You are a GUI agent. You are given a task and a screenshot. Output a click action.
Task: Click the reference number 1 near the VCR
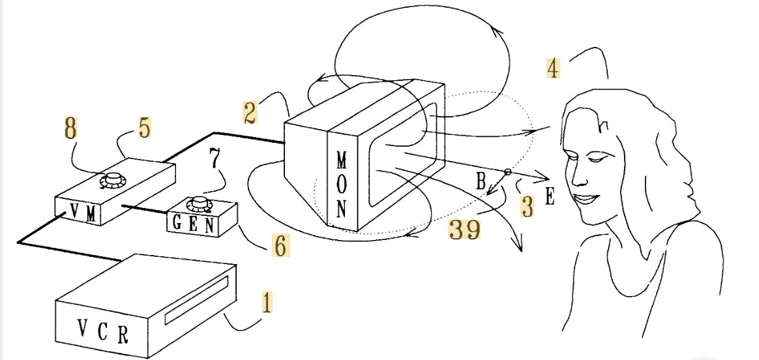(x=265, y=304)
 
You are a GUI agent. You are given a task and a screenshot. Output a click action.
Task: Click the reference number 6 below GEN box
(x=278, y=246)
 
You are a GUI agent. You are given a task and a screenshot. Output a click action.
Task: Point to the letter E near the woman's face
(x=550, y=198)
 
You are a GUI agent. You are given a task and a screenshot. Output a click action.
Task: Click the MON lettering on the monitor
(x=342, y=185)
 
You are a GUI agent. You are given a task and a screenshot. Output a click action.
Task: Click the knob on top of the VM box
(x=117, y=180)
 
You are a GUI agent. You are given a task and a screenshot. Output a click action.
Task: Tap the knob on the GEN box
(x=198, y=205)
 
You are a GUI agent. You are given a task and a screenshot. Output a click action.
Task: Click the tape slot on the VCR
(x=196, y=299)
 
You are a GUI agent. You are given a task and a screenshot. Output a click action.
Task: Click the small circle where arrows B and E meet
(x=507, y=172)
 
